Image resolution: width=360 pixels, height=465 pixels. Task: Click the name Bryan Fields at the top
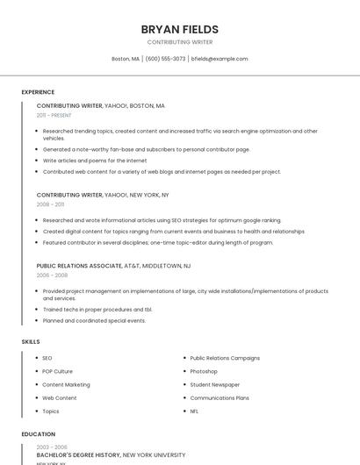pos(180,29)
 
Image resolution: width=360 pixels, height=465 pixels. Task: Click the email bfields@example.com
pos(220,59)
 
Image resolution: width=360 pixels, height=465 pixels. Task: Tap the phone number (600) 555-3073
pos(165,59)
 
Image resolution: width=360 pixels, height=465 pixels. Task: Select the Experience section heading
pos(38,92)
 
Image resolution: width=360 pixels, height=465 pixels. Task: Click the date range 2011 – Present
pos(54,115)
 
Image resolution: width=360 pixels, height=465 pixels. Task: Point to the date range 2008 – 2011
pos(50,204)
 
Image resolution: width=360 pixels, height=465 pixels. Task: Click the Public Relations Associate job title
pos(79,265)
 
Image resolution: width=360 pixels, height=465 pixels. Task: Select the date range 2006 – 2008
pos(52,275)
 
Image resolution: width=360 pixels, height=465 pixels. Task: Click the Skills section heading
pos(31,341)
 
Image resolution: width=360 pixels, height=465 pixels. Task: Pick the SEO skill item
pos(47,358)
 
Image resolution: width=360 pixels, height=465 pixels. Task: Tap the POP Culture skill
pos(58,371)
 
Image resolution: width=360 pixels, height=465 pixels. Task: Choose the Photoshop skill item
pos(204,371)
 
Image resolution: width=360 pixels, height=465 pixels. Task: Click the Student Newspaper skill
pos(214,384)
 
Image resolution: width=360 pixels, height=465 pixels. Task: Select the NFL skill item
pos(195,411)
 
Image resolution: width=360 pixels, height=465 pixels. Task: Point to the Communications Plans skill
pos(220,397)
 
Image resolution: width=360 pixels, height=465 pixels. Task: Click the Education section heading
pos(39,434)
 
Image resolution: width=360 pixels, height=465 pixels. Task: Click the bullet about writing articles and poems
pos(95,161)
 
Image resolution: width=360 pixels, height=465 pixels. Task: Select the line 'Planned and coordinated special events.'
pos(94,320)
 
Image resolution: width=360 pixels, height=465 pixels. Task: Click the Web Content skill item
pos(60,397)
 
